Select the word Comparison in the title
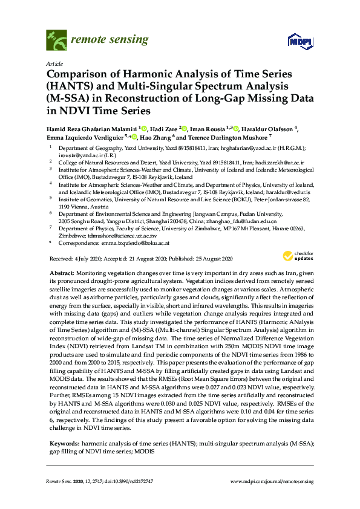[79, 74]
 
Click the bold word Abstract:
[62, 274]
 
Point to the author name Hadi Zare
[163, 129]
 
